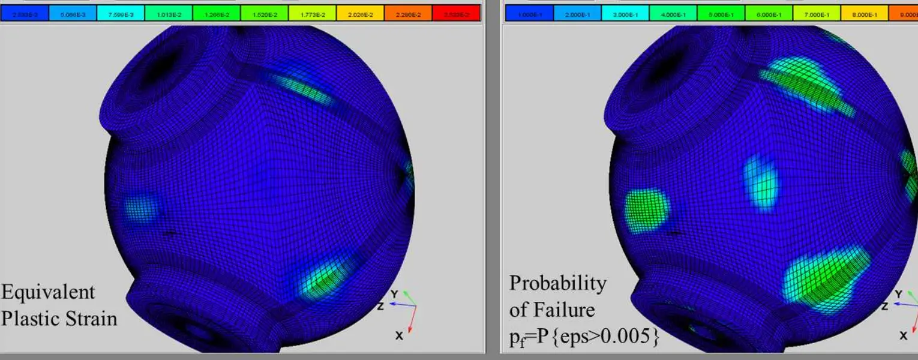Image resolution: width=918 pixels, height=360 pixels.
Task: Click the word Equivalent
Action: coord(48,292)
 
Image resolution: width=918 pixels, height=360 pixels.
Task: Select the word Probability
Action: coord(557,283)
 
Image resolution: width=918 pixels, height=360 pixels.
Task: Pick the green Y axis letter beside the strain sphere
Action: coord(394,294)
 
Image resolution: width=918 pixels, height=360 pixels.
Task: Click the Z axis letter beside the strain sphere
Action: coord(380,307)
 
